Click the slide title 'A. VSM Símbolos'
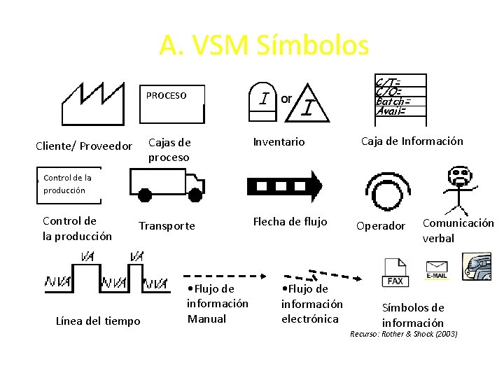(263, 45)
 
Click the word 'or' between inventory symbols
(286, 99)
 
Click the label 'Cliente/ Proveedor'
(84, 146)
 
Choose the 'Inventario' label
(279, 142)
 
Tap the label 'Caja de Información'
(412, 141)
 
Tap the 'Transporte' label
(167, 225)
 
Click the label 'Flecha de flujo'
(290, 222)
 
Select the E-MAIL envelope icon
(437, 269)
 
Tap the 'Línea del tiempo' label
(98, 321)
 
